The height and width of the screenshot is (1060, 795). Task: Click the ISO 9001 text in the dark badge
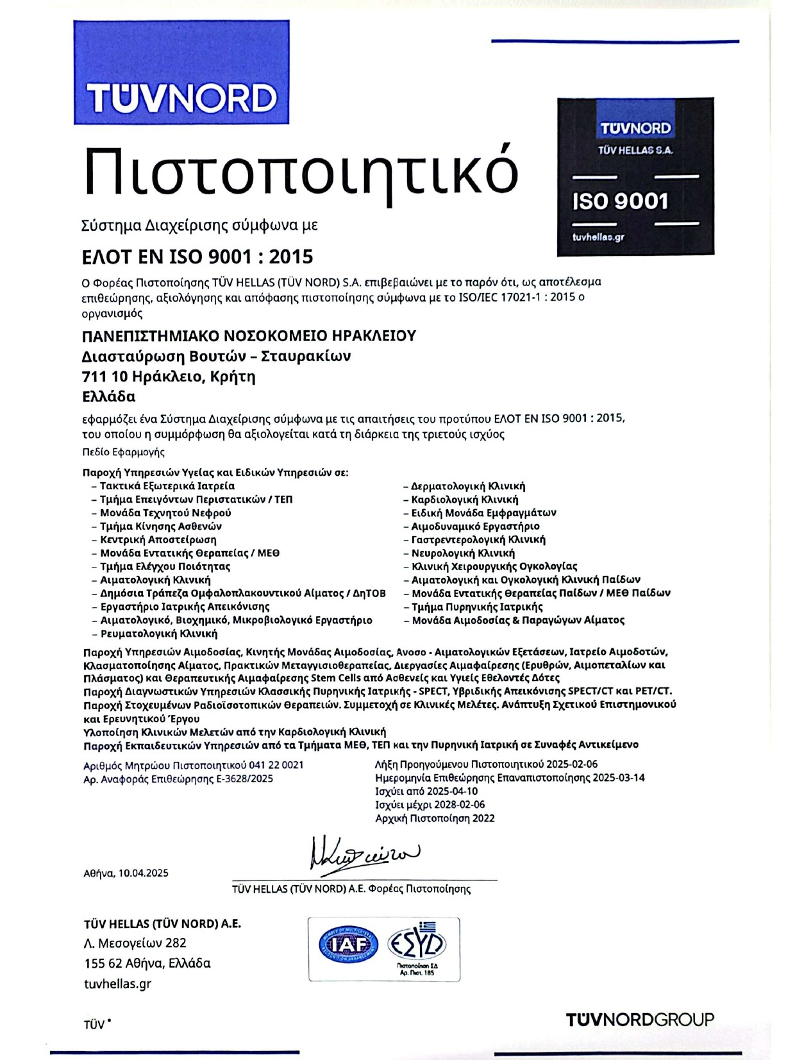pyautogui.click(x=620, y=201)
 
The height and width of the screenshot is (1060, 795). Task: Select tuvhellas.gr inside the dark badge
pyautogui.click(x=598, y=237)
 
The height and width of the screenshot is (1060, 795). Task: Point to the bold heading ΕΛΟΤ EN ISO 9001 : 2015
pyautogui.click(x=197, y=257)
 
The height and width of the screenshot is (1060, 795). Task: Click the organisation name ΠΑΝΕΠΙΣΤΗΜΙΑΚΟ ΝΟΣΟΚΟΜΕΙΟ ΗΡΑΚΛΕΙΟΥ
pyautogui.click(x=249, y=335)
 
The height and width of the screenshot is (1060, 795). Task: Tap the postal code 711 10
pyautogui.click(x=105, y=376)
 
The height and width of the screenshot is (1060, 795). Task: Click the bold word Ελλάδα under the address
pyautogui.click(x=109, y=396)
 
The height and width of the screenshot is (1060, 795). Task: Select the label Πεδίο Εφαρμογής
pyautogui.click(x=124, y=452)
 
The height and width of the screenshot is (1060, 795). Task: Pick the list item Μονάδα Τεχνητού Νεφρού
pyautogui.click(x=165, y=513)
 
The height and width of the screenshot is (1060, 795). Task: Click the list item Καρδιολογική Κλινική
pyautogui.click(x=465, y=500)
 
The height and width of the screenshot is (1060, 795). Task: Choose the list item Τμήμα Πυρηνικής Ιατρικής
pyautogui.click(x=477, y=607)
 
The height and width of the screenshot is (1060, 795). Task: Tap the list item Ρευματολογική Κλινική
pyautogui.click(x=159, y=634)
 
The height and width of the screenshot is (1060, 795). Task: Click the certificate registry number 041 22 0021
pyautogui.click(x=276, y=765)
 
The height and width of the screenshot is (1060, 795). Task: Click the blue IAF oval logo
pyautogui.click(x=349, y=945)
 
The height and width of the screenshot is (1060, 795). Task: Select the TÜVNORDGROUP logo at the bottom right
pyautogui.click(x=640, y=1020)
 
